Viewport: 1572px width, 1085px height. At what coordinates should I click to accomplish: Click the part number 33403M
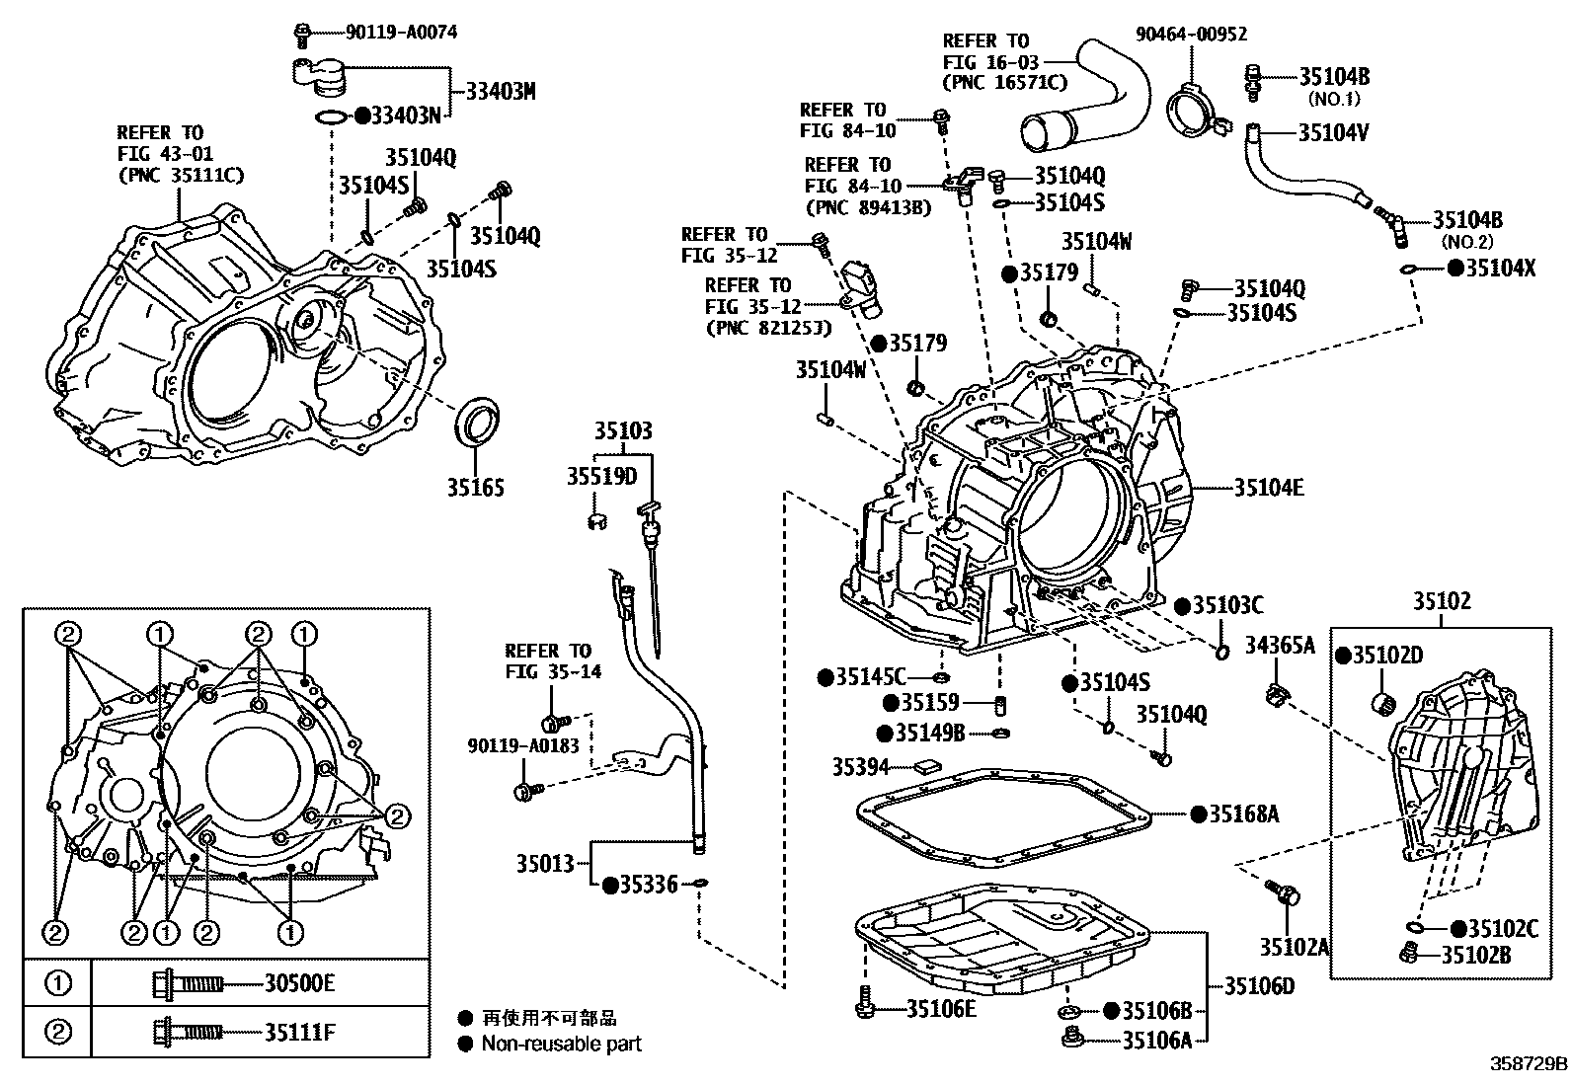501,91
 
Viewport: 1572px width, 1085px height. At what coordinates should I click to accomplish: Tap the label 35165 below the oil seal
476,487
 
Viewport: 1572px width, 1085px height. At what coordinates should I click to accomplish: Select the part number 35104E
1269,487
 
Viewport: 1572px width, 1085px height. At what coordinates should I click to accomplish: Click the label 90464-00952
1192,34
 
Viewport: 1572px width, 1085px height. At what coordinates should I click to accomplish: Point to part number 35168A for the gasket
1244,814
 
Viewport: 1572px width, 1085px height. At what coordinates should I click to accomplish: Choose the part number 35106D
1260,986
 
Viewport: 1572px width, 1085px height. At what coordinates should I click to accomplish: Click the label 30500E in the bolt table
299,983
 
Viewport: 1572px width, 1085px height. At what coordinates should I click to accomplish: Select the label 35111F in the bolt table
299,1032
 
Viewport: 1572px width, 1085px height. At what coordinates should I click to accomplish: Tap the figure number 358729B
1529,1064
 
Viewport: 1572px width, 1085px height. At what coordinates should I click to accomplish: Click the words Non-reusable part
562,1044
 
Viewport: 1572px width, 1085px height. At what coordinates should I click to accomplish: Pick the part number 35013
545,863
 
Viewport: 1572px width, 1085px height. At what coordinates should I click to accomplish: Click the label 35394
860,767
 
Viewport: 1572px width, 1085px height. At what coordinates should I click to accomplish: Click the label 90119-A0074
401,32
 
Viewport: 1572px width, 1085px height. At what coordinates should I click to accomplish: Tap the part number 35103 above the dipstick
623,430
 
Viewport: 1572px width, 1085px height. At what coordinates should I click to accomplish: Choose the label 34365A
1280,645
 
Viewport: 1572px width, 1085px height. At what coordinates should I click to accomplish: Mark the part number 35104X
1501,268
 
